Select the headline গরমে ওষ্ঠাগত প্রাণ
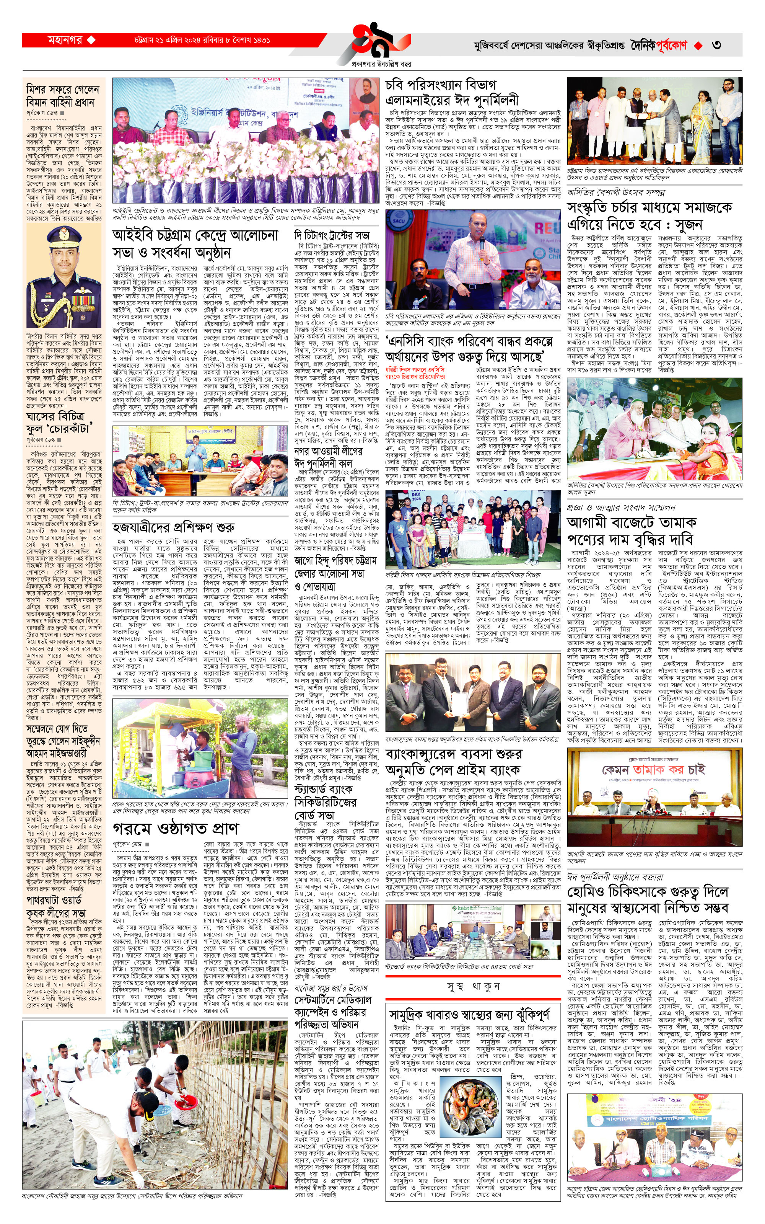pos(176,829)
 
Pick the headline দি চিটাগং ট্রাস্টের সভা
pos(332,235)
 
